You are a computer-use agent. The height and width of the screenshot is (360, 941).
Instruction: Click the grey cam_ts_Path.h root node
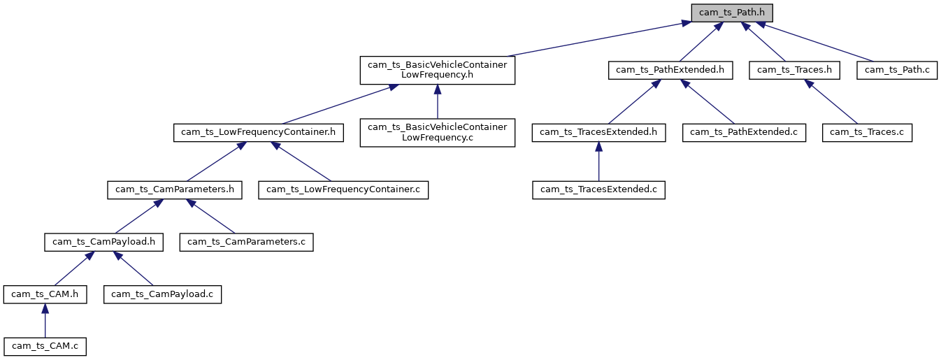tap(732, 13)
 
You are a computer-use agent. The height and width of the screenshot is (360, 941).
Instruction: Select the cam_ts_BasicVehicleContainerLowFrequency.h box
tap(437, 70)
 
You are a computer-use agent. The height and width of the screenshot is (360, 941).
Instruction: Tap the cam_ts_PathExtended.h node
tap(670, 70)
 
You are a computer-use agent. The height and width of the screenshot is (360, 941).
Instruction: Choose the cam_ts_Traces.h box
tap(793, 70)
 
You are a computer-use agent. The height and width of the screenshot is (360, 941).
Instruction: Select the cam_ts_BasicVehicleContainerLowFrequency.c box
tap(437, 133)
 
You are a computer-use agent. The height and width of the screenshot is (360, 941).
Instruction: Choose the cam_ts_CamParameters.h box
tap(174, 189)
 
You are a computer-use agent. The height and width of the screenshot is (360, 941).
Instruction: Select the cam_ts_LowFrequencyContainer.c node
tap(343, 189)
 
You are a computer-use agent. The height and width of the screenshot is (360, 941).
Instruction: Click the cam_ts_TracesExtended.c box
tap(598, 189)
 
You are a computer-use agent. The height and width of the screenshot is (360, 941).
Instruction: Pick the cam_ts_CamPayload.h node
tap(103, 242)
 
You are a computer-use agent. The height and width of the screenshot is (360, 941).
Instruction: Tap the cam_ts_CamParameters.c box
tap(247, 242)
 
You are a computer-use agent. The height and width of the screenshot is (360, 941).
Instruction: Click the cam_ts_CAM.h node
tap(45, 294)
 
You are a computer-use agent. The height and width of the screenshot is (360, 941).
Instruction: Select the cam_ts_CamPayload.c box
tap(162, 294)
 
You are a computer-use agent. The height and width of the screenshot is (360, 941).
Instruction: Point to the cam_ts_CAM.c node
tap(45, 346)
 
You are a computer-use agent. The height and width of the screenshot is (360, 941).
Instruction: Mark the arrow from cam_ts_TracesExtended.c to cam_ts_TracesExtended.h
tap(598, 161)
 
